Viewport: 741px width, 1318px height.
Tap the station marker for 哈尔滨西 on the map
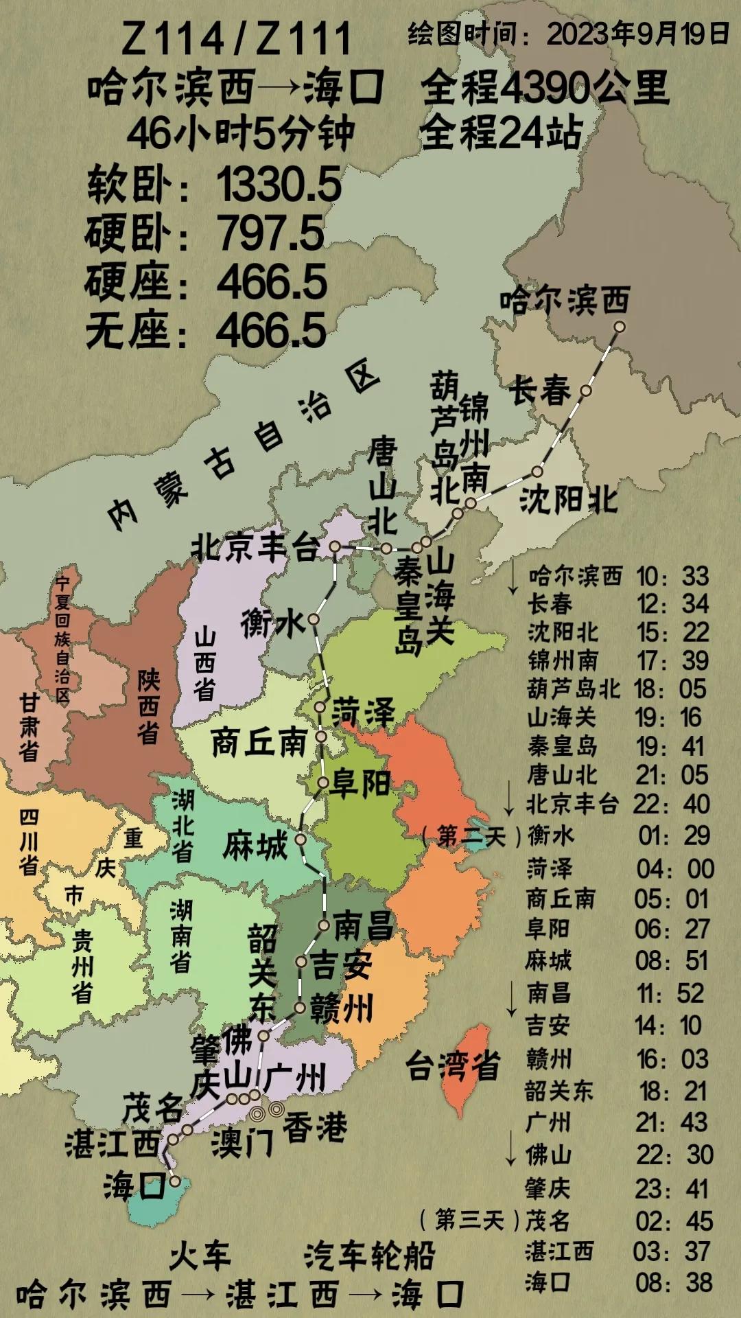pyautogui.click(x=619, y=327)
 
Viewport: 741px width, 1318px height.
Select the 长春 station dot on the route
pyautogui.click(x=586, y=391)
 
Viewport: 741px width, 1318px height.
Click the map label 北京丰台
pyautogui.click(x=255, y=547)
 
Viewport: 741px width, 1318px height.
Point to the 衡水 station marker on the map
pyautogui.click(x=314, y=619)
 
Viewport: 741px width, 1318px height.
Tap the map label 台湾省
pyautogui.click(x=453, y=1066)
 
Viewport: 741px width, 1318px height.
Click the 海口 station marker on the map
pyautogui.click(x=175, y=1181)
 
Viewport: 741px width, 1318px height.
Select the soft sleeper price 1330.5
pyautogui.click(x=279, y=185)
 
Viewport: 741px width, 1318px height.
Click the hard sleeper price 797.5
pyautogui.click(x=270, y=233)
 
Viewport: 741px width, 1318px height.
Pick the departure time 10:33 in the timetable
pyautogui.click(x=672, y=577)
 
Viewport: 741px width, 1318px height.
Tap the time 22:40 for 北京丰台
pyautogui.click(x=672, y=804)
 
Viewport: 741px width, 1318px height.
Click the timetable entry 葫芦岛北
pyautogui.click(x=574, y=689)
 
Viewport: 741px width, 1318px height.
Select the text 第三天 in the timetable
pyautogui.click(x=469, y=1220)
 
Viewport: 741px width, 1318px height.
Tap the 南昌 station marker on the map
pyautogui.click(x=324, y=925)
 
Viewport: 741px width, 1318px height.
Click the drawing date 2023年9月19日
pyautogui.click(x=638, y=33)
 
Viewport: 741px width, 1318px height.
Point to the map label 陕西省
pyautogui.click(x=148, y=707)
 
